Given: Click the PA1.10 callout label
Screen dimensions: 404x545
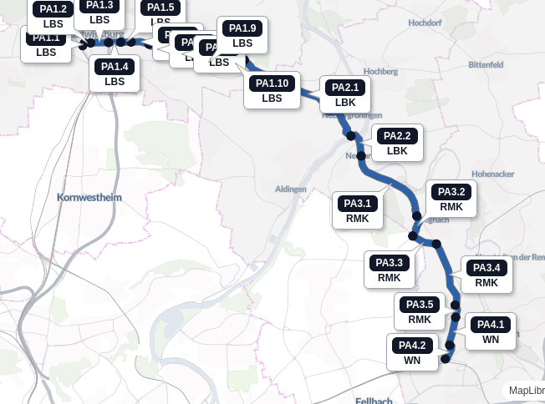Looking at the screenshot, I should point(272,90).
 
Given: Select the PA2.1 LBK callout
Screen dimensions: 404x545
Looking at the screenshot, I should point(345,94).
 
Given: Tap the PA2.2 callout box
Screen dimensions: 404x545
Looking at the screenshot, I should point(397,143).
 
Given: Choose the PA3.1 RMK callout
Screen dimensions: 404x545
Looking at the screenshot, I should point(357,210).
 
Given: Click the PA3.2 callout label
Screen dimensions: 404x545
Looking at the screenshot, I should point(451,199).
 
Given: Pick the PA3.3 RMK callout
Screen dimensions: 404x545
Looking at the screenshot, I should point(389,270).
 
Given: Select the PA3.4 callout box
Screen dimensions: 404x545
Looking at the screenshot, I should point(486,275).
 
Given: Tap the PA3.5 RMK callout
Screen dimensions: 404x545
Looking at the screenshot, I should point(420,311).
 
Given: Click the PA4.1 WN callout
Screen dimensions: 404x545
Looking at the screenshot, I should point(491,331).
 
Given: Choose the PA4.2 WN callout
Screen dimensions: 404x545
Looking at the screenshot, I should point(412,352).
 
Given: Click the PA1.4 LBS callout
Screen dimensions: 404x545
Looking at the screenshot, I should point(115,73).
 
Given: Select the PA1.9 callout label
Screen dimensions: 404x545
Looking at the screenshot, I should point(242,35).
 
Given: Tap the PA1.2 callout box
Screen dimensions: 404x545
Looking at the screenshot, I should point(53,16).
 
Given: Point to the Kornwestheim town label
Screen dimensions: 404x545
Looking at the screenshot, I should point(89,198).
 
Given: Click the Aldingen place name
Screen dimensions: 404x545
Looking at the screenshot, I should point(291,189).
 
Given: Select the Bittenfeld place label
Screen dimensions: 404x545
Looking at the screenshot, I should point(486,64).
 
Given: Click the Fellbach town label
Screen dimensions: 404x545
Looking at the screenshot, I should point(374,401).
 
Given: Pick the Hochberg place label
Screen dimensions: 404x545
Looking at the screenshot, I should point(381,72).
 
